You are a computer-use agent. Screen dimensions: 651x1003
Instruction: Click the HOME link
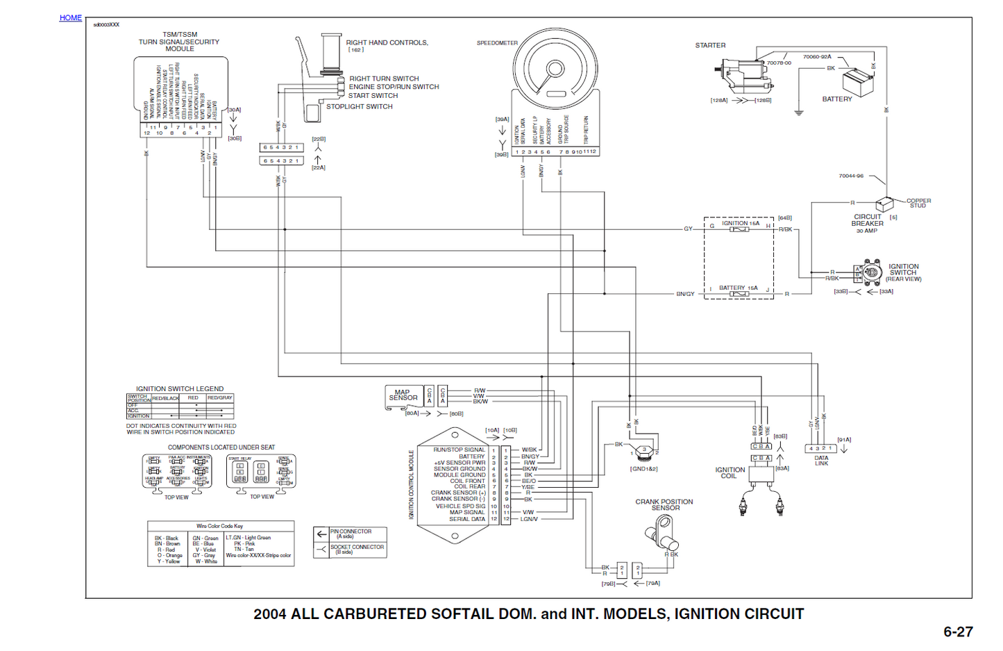[70, 18]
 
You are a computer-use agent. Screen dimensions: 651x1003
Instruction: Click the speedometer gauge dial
[555, 69]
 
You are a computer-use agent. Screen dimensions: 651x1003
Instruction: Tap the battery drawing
[859, 83]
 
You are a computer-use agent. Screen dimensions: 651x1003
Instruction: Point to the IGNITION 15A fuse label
[740, 223]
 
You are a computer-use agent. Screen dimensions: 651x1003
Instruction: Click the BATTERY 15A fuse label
[738, 288]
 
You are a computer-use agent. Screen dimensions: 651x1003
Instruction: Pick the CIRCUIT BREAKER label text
[868, 220]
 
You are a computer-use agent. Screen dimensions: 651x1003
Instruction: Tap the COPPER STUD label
[918, 203]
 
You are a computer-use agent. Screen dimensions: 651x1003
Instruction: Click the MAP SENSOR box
[403, 396]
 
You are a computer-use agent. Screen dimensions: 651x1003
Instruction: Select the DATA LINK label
[821, 461]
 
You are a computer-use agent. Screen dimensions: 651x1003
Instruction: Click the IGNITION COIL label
[730, 472]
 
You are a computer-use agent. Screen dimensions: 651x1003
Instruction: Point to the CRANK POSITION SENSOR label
[664, 504]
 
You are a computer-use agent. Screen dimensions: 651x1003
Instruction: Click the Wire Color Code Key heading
[219, 526]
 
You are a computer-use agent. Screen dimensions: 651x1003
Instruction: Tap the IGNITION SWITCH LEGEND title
[179, 389]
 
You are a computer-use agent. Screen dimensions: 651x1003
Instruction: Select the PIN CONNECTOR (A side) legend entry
[351, 534]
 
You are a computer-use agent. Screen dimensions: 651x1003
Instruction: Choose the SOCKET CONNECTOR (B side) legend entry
[356, 549]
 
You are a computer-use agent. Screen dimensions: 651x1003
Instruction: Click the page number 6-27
[957, 632]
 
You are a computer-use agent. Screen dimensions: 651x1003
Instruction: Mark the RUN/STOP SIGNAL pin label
[459, 450]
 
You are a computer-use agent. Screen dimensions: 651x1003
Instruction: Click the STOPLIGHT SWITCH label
[359, 107]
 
